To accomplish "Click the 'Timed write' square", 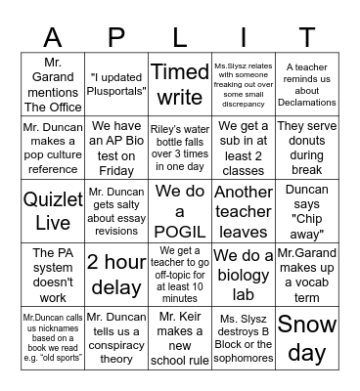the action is tap(180, 84).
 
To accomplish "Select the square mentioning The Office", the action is tap(52, 84).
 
